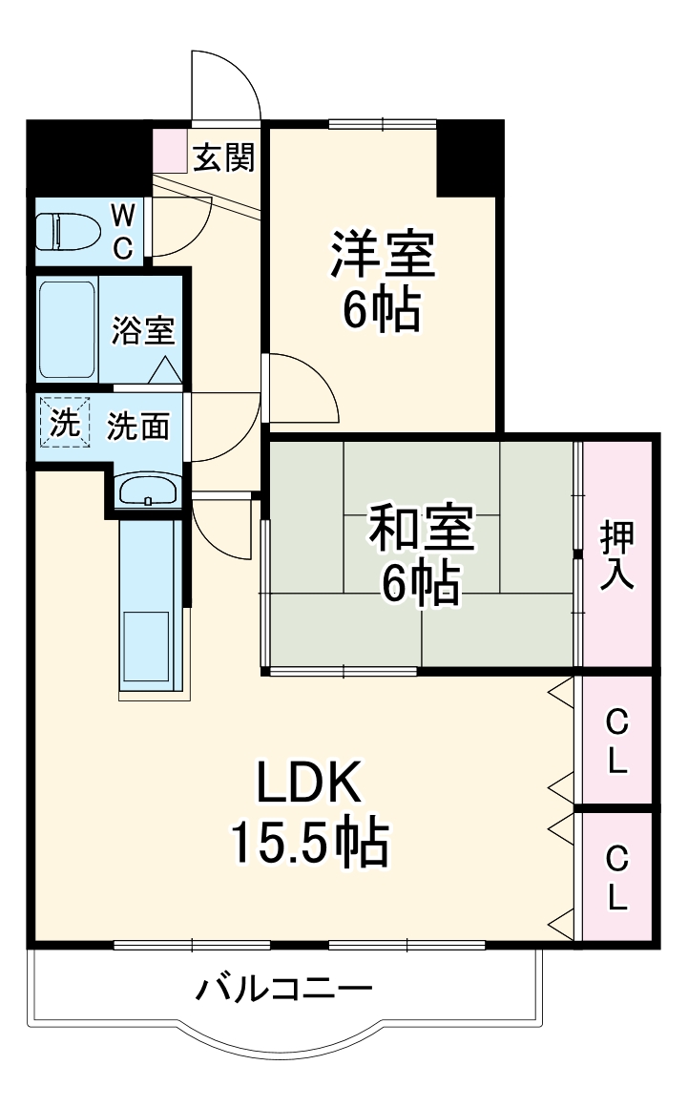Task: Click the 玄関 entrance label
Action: tap(224, 157)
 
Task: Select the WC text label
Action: tap(124, 230)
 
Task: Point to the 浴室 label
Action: tap(143, 330)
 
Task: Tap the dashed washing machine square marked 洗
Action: tap(65, 423)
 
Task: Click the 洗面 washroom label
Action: tap(137, 427)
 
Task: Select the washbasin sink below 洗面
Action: tap(147, 491)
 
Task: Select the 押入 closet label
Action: tap(617, 555)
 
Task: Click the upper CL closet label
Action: tap(617, 741)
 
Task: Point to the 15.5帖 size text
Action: tap(307, 842)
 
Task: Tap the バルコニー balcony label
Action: tap(283, 989)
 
